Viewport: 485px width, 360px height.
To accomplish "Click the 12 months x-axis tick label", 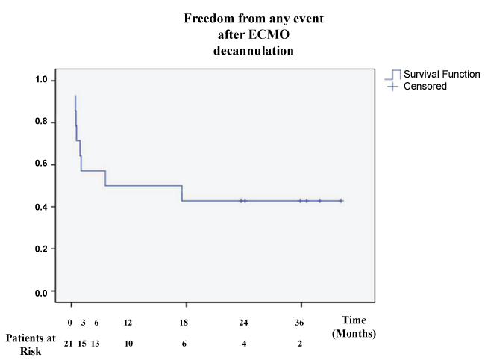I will pos(128,322).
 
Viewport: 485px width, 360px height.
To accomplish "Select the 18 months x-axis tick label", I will pos(184,322).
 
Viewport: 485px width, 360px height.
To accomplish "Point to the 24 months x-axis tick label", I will pos(243,322).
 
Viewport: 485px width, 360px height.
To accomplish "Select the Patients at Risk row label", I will pos(31,344).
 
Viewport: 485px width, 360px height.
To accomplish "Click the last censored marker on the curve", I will pos(341,201).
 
